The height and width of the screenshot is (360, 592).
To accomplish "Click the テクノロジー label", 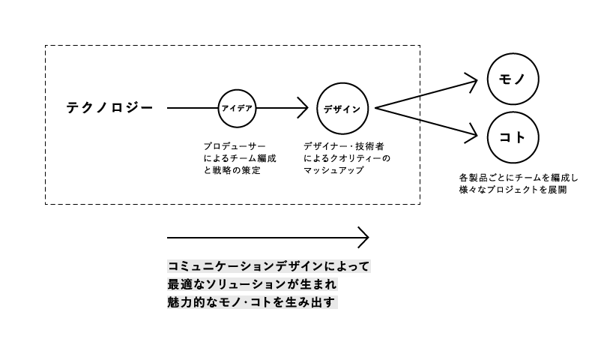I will click(109, 109).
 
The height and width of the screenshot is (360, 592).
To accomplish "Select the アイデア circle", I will click(237, 109).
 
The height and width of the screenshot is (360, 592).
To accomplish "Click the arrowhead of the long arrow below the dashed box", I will click(363, 237).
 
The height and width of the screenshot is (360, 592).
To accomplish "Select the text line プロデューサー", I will click(235, 145).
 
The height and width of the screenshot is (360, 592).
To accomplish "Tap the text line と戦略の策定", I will click(232, 170).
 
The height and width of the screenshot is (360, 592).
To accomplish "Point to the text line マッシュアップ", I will click(333, 170).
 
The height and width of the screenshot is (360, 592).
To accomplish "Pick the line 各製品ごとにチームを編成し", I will click(519, 178).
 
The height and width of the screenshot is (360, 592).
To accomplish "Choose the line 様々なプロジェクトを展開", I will click(513, 190).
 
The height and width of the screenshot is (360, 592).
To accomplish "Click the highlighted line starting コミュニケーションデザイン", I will click(269, 266).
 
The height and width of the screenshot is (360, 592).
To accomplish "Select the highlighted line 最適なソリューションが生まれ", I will click(253, 285).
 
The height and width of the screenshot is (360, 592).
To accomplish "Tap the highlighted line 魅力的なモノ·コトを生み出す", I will click(253, 303).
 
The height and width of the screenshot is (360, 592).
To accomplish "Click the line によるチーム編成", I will click(240, 158).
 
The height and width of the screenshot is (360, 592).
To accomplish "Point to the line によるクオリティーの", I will click(346, 158).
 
